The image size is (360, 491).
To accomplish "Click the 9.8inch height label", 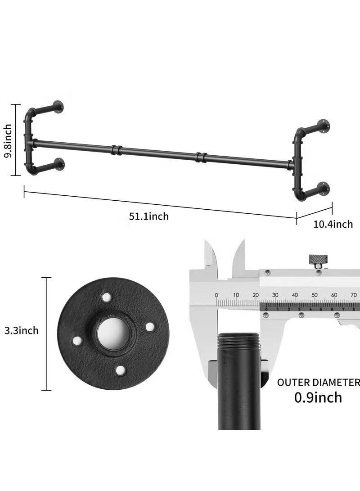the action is [8, 140].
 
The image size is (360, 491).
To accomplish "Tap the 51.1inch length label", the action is [148, 216].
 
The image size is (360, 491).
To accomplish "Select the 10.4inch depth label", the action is [333, 224].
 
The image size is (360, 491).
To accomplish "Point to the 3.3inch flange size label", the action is [21, 331].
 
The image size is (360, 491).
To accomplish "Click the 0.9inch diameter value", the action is [318, 398].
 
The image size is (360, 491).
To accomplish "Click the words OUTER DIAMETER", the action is [318, 383].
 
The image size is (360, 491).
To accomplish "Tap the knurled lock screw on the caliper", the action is [319, 261].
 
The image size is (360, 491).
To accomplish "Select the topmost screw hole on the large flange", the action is [106, 296].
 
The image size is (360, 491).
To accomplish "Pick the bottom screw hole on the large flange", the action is [120, 370].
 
